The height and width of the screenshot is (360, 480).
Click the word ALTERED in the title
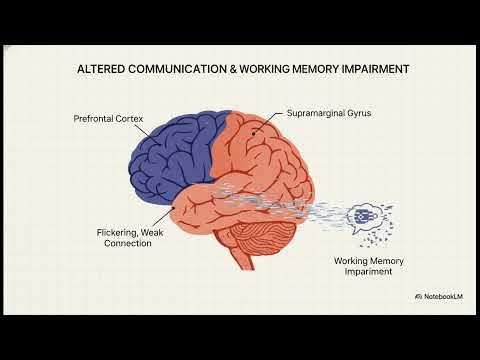click(100, 70)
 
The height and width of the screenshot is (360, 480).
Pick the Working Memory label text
click(367, 264)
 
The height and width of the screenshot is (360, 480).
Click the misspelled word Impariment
click(367, 276)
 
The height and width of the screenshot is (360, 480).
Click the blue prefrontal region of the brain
click(175, 150)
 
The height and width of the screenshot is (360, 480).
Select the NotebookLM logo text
click(443, 297)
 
